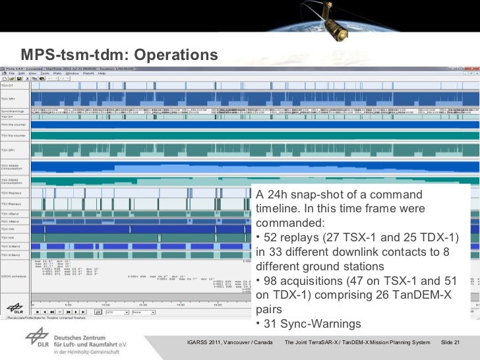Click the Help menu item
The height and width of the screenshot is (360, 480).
click(102, 74)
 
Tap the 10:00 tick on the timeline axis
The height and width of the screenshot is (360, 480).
click(105, 305)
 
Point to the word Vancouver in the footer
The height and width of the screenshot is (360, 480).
click(244, 343)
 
